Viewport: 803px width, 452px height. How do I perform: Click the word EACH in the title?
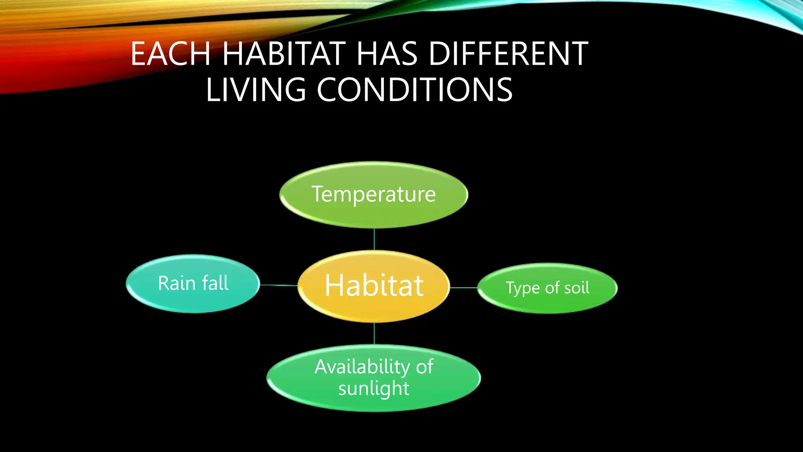(171, 54)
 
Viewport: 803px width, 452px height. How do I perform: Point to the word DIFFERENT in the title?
(508, 54)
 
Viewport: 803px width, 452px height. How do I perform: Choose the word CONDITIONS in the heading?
(414, 90)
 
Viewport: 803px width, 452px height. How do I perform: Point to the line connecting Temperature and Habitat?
(374, 239)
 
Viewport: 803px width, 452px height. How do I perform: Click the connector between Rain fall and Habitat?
(278, 285)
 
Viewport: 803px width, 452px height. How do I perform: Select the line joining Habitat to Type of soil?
(463, 288)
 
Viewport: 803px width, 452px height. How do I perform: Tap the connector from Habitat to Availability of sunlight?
(374, 334)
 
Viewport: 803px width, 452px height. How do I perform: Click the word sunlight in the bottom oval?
(374, 388)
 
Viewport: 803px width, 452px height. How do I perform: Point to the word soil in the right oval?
(576, 288)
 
